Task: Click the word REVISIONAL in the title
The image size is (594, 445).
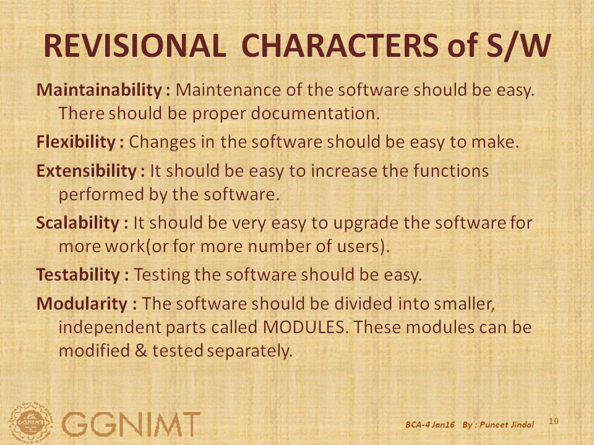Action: click(135, 45)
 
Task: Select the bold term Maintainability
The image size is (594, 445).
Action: click(99, 90)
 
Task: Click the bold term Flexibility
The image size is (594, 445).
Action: click(75, 142)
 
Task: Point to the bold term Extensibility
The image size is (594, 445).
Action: click(87, 171)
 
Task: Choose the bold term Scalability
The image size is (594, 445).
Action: click(78, 222)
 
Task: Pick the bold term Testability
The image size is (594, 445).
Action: click(78, 274)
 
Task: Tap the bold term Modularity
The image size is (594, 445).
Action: click(82, 303)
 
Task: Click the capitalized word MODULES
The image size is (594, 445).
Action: click(304, 327)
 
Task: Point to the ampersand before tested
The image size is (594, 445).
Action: click(140, 350)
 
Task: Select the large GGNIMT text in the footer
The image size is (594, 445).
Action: click(131, 424)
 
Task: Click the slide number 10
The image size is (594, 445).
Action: click(553, 421)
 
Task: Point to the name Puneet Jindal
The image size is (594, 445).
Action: click(507, 425)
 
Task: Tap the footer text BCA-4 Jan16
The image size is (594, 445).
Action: click(430, 425)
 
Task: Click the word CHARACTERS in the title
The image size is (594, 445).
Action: click(340, 45)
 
